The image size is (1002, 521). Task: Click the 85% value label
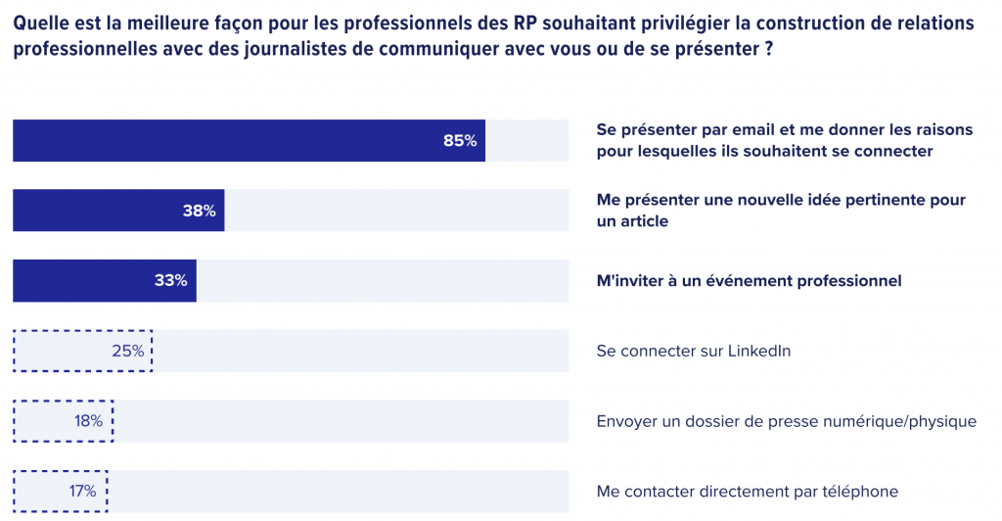coord(460,141)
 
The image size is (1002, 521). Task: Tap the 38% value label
coord(199,211)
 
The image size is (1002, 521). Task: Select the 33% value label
coord(170,281)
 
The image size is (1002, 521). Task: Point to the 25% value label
coord(128,351)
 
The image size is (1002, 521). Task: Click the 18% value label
coord(88,421)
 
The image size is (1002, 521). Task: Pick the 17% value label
coord(82,492)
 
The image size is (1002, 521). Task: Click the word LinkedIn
coord(758,351)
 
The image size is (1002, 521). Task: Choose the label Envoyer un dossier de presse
coord(786,421)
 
